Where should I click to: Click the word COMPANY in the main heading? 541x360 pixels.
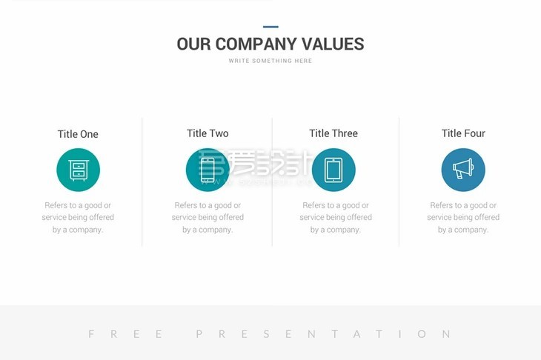pyautogui.click(x=256, y=44)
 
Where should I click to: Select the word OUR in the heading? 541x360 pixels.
pyautogui.click(x=194, y=44)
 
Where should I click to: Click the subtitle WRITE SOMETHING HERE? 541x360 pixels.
pyautogui.click(x=270, y=61)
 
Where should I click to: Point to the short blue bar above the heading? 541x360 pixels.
pyautogui.click(x=270, y=27)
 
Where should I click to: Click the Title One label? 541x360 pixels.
pyautogui.click(x=78, y=134)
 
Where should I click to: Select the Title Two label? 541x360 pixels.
pyautogui.click(x=208, y=133)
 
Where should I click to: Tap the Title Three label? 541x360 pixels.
pyautogui.click(x=333, y=133)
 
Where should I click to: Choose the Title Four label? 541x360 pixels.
pyautogui.click(x=463, y=133)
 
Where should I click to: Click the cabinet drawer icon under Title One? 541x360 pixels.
pyautogui.click(x=78, y=170)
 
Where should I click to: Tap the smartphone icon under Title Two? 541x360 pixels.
pyautogui.click(x=208, y=170)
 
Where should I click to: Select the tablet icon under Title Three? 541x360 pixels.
pyautogui.click(x=333, y=170)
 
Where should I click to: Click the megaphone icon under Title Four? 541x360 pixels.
pyautogui.click(x=463, y=170)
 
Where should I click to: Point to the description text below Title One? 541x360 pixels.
pyautogui.click(x=78, y=217)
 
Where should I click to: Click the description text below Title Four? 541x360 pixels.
pyautogui.click(x=463, y=217)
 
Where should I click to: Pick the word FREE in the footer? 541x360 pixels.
pyautogui.click(x=125, y=334)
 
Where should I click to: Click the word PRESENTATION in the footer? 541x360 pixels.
pyautogui.click(x=323, y=334)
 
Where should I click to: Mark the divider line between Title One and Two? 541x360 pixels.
pyautogui.click(x=142, y=181)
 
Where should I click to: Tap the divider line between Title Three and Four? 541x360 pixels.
pyautogui.click(x=399, y=181)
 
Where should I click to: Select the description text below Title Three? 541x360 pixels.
pyautogui.click(x=336, y=217)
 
